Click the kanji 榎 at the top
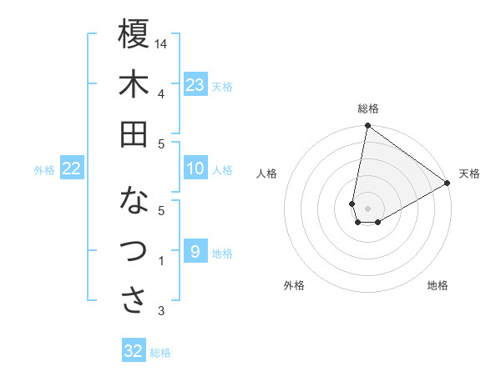tap(134, 34)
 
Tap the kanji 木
tap(134, 85)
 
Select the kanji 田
tap(134, 134)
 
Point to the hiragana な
tap(134, 201)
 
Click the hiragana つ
tap(134, 250)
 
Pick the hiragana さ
tap(134, 300)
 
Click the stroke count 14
tap(161, 43)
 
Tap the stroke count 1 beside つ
tap(160, 262)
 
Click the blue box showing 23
tap(195, 84)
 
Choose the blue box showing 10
tap(195, 168)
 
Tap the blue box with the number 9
tap(195, 252)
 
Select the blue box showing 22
tap(72, 168)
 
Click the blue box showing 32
tap(134, 351)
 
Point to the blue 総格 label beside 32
tap(160, 353)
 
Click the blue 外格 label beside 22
tap(44, 170)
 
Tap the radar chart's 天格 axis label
tap(469, 173)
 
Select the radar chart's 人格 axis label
tap(267, 173)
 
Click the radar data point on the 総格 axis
tap(367, 126)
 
